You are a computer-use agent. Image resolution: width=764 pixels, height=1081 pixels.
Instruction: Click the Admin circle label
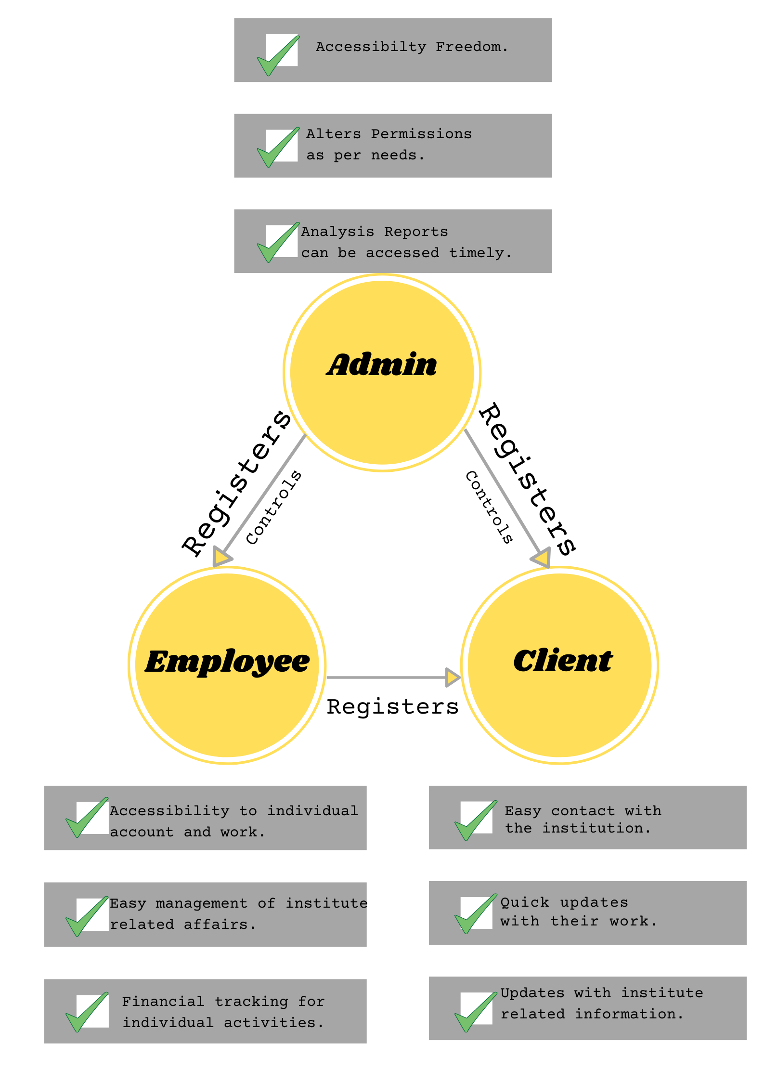pos(382,365)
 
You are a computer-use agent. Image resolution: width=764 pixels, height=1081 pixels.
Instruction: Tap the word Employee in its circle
pos(227,662)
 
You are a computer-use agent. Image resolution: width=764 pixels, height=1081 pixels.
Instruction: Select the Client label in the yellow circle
pos(563,661)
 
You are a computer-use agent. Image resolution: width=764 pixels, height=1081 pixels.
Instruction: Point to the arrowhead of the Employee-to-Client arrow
pos(453,677)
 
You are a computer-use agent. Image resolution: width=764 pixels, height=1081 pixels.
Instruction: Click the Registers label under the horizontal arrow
pos(392,707)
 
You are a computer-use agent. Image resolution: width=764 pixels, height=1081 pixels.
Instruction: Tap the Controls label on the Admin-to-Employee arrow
pos(273,508)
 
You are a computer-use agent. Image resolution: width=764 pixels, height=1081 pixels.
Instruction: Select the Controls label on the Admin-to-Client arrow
pos(489,508)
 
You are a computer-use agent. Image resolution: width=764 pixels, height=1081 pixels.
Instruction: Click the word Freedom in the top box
pos(471,47)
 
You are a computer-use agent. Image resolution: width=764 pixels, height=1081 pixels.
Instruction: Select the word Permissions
pos(421,134)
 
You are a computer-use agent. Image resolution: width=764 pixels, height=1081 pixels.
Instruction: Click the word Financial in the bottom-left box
pos(163,1002)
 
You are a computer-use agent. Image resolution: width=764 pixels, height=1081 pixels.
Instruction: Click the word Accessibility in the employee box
pos(169,811)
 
